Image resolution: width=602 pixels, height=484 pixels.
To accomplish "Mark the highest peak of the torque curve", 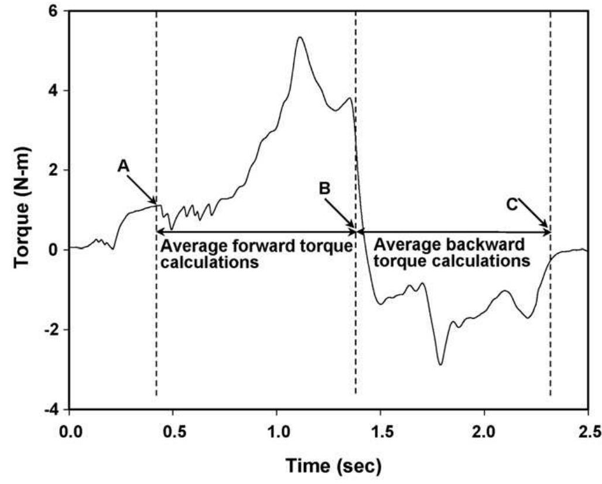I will (x=299, y=38).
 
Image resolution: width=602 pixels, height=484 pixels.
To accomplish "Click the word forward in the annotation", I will (x=246, y=246).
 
